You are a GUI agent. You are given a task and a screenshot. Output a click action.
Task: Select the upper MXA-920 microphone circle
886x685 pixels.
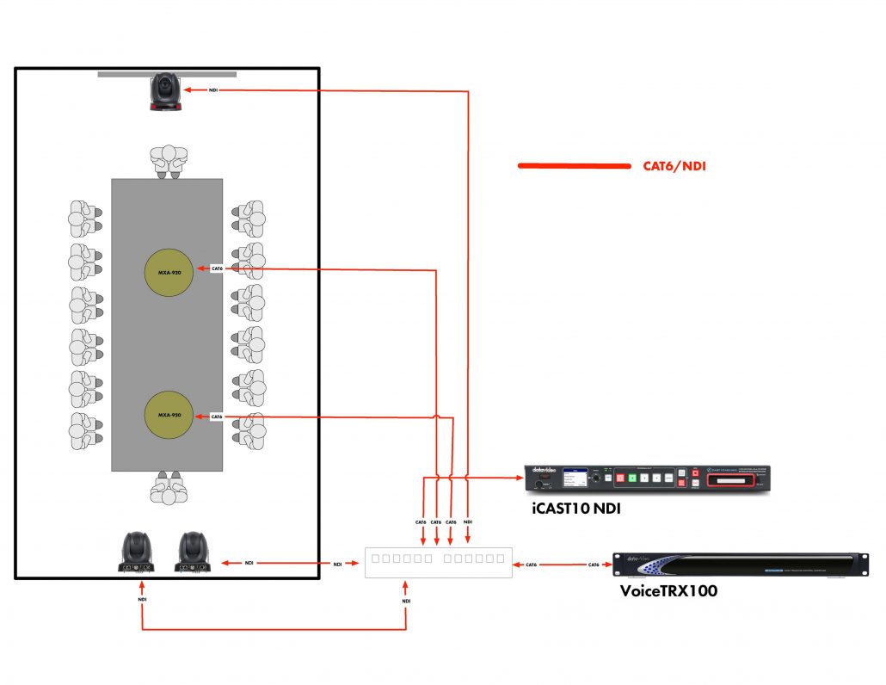click(x=168, y=272)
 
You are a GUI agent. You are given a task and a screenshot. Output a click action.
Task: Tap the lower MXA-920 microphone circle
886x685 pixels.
click(x=168, y=416)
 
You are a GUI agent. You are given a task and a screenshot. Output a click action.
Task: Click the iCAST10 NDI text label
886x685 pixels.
click(x=575, y=509)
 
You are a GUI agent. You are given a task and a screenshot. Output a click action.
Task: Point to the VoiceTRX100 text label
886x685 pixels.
click(x=668, y=591)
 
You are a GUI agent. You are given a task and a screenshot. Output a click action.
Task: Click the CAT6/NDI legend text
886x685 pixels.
click(x=674, y=166)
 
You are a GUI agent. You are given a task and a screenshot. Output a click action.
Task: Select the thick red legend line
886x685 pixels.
click(x=574, y=166)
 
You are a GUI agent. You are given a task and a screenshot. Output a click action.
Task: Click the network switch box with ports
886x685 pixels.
click(x=438, y=562)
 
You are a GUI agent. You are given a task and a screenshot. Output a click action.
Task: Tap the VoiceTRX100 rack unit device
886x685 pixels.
click(x=738, y=565)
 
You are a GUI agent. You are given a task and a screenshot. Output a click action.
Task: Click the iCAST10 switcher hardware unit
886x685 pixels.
click(x=647, y=478)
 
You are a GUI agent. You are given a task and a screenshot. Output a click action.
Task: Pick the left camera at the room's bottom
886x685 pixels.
click(x=137, y=552)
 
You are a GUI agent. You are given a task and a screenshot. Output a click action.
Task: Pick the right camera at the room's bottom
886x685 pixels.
click(x=194, y=552)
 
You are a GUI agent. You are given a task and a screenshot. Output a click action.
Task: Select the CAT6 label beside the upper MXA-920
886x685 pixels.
click(x=217, y=269)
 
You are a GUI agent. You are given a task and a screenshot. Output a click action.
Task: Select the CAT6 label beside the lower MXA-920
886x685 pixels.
click(x=217, y=417)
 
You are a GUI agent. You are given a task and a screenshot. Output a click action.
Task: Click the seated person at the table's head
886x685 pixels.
click(x=168, y=160)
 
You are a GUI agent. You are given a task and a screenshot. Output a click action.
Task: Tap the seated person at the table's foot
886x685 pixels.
click(x=168, y=488)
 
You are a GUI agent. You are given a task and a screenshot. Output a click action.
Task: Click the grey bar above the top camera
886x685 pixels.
click(x=167, y=75)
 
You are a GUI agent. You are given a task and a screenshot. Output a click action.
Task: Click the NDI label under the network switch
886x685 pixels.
click(x=406, y=601)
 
